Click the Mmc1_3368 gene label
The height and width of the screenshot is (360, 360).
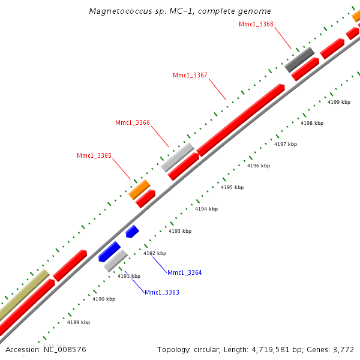(256, 24)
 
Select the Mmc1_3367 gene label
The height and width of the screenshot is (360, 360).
(190, 75)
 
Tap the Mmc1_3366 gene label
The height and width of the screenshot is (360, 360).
(132, 122)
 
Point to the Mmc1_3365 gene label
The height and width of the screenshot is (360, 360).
(94, 155)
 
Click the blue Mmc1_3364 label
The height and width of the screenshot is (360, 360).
(184, 272)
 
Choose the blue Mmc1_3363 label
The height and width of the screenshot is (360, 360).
(161, 292)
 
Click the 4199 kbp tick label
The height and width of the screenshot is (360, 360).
(338, 102)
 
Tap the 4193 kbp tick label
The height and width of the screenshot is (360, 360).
(180, 231)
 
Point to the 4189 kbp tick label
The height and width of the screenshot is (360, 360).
(79, 322)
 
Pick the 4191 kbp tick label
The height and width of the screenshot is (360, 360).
(128, 276)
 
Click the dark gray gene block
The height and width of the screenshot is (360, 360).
(299, 59)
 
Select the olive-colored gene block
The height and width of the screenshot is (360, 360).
(23, 295)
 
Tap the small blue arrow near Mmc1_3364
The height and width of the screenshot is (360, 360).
(132, 231)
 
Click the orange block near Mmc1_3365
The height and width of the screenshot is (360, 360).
(139, 190)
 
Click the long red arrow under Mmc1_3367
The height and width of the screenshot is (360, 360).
(240, 120)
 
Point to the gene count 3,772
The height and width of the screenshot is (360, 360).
(343, 349)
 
